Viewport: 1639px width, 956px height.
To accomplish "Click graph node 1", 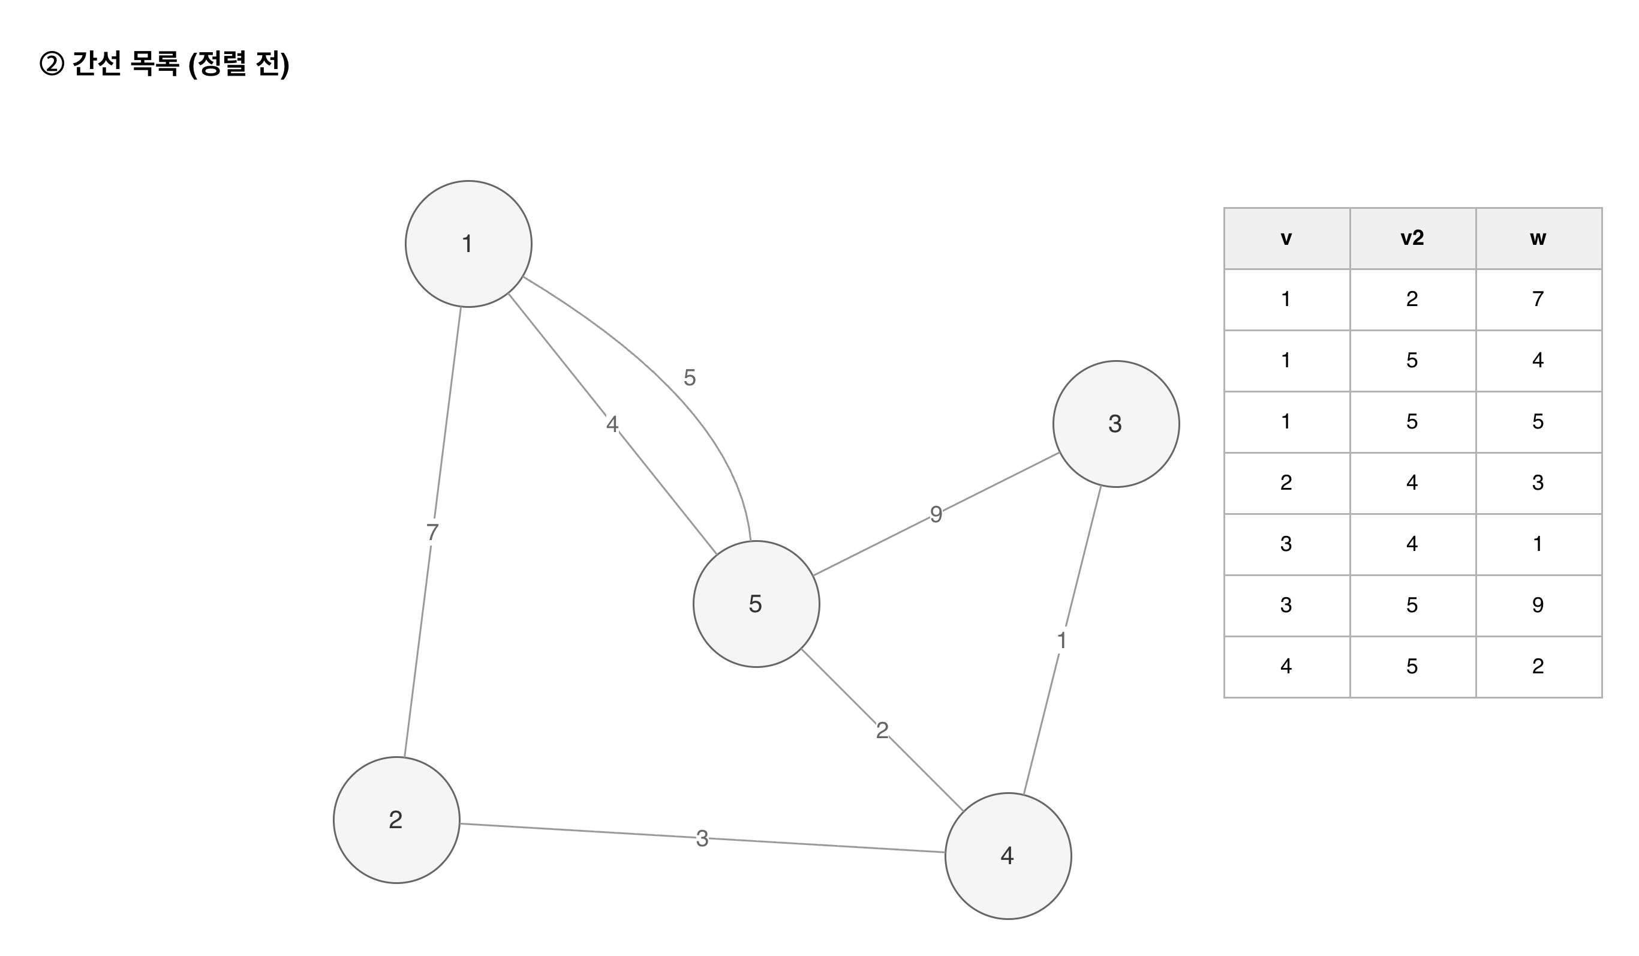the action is (468, 244).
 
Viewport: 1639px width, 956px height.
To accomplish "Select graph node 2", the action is (396, 820).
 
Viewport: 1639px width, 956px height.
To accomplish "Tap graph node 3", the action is (1115, 424).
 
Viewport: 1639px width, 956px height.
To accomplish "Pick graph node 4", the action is (1008, 856).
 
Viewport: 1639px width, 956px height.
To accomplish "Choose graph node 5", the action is (756, 604).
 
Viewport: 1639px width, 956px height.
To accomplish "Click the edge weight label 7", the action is (432, 532).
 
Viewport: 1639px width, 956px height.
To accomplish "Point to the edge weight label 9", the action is (936, 515).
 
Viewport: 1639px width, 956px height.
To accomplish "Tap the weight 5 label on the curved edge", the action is (690, 377).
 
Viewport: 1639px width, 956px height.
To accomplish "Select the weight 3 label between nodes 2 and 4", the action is (702, 839).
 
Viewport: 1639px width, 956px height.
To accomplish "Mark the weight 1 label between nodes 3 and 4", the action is (1061, 641).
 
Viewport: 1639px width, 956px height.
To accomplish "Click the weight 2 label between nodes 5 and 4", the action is (882, 730).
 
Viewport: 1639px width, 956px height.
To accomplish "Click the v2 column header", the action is (1412, 238).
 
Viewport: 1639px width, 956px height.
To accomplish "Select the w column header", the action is (1538, 238).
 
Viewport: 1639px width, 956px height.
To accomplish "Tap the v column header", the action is (1286, 238).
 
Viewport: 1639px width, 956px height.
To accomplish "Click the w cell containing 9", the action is (1538, 606).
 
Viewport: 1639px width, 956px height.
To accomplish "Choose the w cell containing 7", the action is (1538, 299).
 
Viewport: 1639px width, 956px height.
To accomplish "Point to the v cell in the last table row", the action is (1286, 666).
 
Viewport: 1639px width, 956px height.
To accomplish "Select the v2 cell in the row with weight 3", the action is (1412, 483).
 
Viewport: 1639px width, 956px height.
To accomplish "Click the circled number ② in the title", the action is (52, 64).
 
